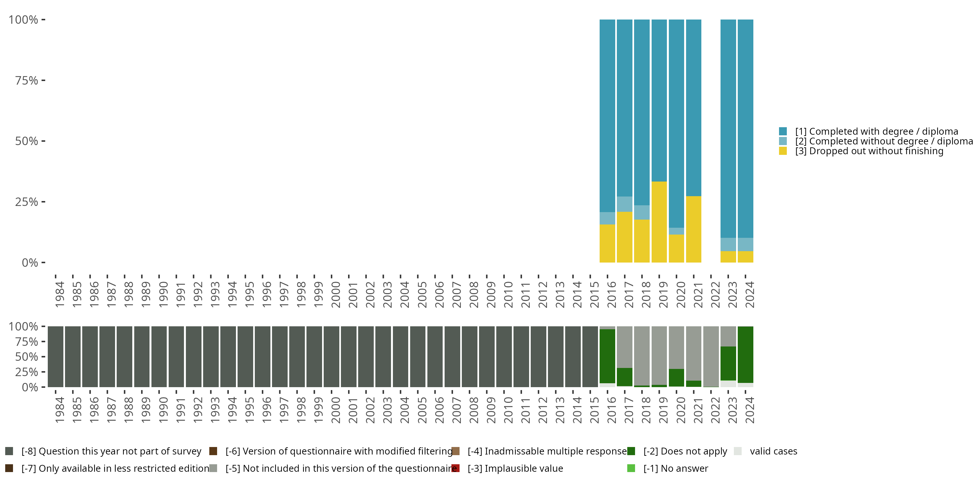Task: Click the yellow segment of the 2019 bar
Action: point(659,222)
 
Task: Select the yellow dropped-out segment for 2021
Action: point(694,229)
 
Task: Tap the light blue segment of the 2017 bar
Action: point(625,204)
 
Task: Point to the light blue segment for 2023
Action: point(728,244)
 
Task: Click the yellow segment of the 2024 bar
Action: point(745,257)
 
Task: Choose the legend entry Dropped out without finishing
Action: point(869,151)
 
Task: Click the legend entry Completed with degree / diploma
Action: point(877,131)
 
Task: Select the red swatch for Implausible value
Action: point(456,468)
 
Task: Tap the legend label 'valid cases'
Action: point(773,451)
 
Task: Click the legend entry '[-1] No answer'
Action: point(676,468)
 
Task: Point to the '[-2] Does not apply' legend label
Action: point(685,451)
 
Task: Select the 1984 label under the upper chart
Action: point(59,294)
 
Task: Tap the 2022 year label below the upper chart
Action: point(715,294)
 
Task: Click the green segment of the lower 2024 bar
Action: point(745,354)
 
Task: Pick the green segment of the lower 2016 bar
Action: point(607,356)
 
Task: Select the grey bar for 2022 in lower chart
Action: point(711,356)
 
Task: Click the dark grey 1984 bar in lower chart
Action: point(55,356)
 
